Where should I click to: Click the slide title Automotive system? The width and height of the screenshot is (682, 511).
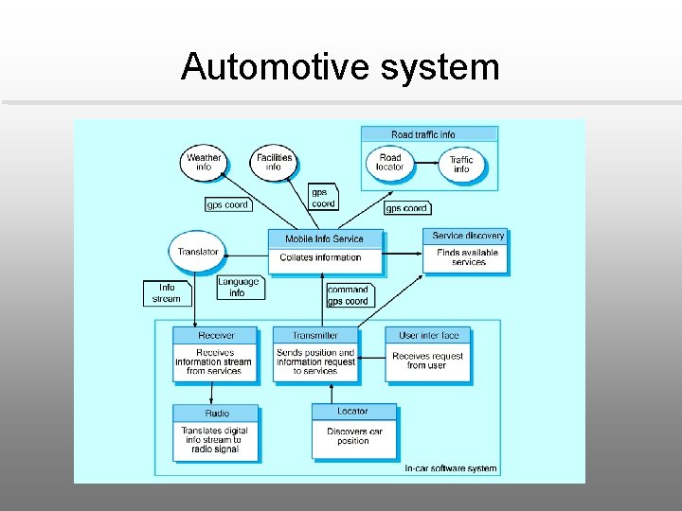point(340,67)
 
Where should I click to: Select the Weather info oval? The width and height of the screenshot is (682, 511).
point(204,162)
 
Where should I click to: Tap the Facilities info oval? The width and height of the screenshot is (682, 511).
point(274,162)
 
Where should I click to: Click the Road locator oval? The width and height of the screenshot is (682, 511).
point(389,162)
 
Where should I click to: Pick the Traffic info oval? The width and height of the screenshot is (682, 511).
point(461,165)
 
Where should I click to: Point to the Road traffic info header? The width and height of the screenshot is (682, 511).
point(429,134)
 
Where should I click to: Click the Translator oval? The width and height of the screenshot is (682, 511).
point(198,252)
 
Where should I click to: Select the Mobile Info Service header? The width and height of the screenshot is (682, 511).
point(324,238)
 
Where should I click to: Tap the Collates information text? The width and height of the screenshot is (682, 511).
point(320,257)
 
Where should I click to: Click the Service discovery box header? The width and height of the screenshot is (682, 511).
point(468,236)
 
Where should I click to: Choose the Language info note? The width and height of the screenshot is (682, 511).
point(237,288)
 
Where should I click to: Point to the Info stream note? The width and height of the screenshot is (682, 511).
point(167,292)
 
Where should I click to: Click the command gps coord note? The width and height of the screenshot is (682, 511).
point(348,295)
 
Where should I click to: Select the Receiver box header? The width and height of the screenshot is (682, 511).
point(216,335)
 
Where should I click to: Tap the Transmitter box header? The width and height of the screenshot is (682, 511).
point(314,335)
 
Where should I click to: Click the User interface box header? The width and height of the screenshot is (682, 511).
point(428,335)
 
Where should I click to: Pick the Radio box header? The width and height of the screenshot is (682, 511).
point(217,414)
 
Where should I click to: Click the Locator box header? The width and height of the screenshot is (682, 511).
point(352,412)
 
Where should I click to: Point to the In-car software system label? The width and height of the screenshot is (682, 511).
point(450,468)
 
